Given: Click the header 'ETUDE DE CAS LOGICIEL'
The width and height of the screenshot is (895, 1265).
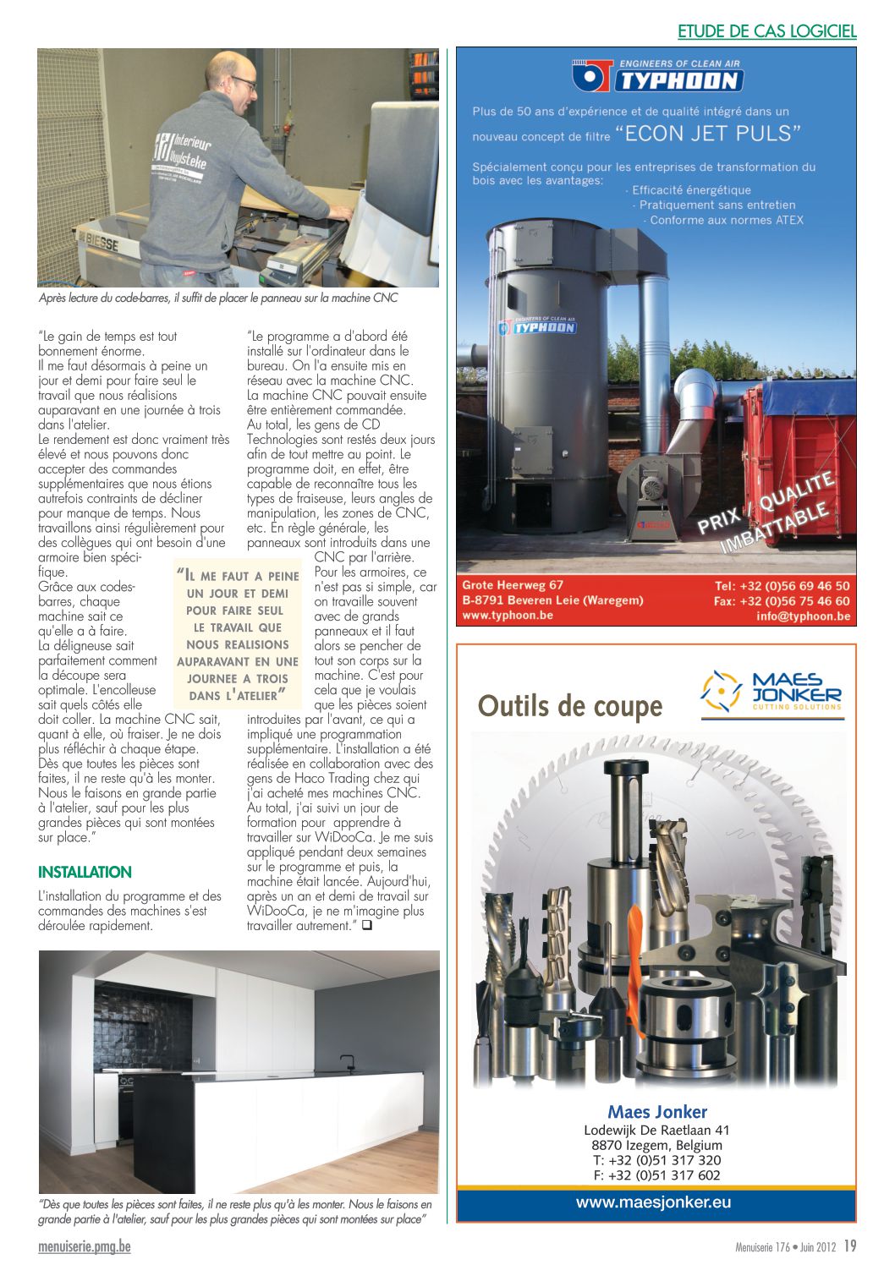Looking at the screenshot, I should pyautogui.click(x=766, y=31).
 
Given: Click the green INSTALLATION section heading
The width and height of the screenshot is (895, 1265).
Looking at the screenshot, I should pyautogui.click(x=85, y=872).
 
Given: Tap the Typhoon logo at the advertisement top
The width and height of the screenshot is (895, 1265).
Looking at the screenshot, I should pyautogui.click(x=657, y=76).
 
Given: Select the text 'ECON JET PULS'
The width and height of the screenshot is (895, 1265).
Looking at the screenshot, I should pyautogui.click(x=707, y=134).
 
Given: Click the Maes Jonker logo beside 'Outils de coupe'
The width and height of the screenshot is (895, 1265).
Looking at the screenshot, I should pyautogui.click(x=771, y=691).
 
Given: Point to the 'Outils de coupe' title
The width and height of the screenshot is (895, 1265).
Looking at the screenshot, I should pyautogui.click(x=569, y=706).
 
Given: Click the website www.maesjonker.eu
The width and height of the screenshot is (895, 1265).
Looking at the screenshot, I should pyautogui.click(x=653, y=1202).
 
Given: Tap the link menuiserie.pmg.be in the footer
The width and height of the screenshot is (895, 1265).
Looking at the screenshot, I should pyautogui.click(x=85, y=1246).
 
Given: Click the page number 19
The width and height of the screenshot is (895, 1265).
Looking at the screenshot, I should pyautogui.click(x=850, y=1246).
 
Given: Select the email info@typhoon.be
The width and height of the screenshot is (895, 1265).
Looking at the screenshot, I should pyautogui.click(x=803, y=616).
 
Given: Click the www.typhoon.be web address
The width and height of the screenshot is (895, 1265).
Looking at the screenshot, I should pyautogui.click(x=508, y=615).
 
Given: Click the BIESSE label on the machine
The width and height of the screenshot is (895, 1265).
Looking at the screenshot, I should pyautogui.click(x=98, y=243).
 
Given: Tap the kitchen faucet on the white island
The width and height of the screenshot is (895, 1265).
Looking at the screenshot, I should pyautogui.click(x=347, y=1061).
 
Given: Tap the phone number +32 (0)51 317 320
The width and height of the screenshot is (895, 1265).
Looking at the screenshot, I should pyautogui.click(x=657, y=1160).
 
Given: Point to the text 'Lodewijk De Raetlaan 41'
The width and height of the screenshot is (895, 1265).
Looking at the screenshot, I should pyautogui.click(x=656, y=1130).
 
